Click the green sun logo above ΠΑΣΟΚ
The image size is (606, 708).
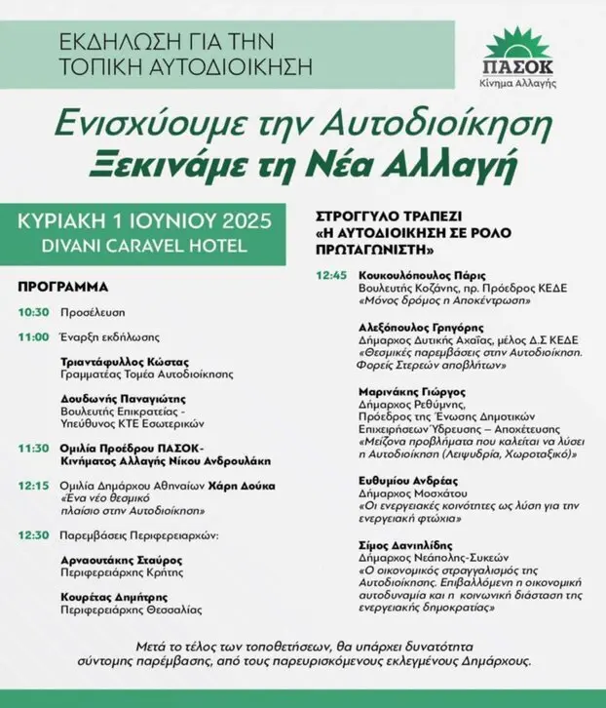[523, 44]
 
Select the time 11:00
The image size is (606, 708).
[33, 336]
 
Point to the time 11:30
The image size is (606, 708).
[33, 449]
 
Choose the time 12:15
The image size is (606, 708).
[33, 485]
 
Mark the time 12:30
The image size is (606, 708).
[33, 534]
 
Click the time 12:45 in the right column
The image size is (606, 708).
[331, 276]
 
